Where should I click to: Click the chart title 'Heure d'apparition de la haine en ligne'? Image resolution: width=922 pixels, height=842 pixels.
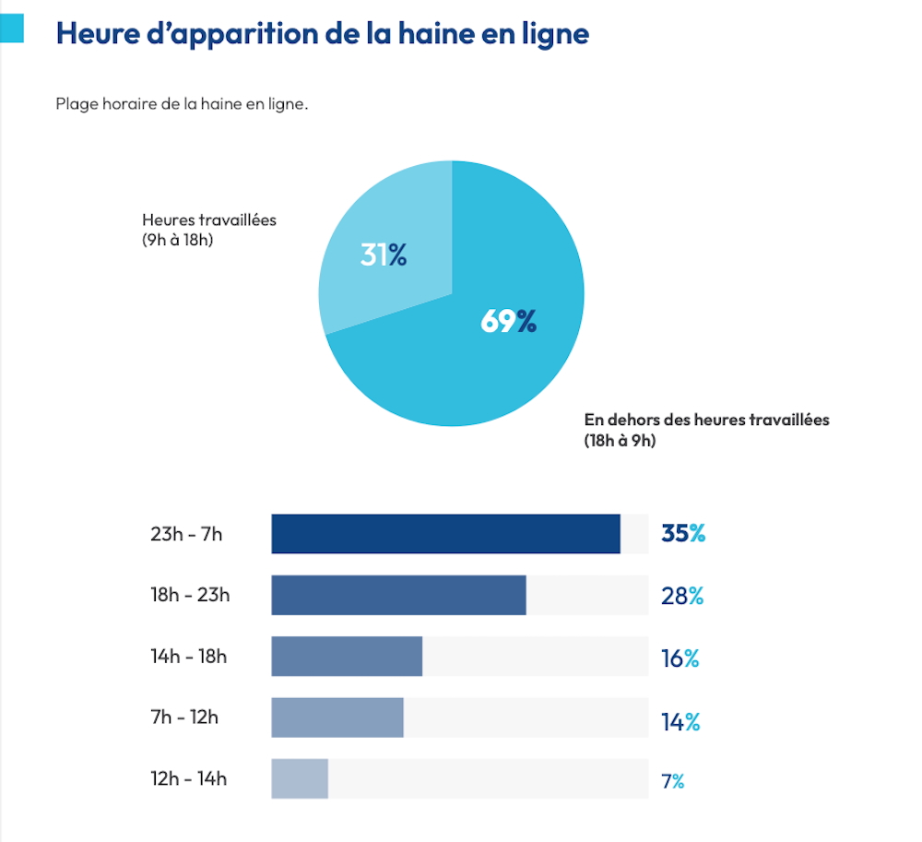322,33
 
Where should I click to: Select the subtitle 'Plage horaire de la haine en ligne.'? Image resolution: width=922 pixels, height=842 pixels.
182,104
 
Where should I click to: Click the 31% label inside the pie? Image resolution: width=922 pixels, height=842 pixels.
384,255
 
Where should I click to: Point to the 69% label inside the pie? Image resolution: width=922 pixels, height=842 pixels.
508,321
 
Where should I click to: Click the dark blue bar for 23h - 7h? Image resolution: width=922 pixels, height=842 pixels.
445,534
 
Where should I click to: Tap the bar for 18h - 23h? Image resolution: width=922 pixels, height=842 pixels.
398,595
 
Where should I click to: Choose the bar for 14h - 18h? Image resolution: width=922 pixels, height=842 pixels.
347,657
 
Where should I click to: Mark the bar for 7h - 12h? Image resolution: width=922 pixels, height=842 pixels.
337,717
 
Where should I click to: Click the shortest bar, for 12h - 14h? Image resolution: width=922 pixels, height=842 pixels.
300,778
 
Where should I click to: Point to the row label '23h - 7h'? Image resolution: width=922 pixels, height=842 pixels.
186,534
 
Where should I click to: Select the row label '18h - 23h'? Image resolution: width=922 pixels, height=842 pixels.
190,595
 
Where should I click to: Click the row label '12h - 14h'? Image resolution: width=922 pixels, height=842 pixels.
188,778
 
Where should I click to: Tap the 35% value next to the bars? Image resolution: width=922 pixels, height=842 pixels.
682,533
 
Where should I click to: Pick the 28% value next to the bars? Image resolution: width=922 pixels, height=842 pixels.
682,596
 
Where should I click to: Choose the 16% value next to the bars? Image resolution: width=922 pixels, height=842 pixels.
680,658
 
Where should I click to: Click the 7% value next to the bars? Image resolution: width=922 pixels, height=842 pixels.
672,782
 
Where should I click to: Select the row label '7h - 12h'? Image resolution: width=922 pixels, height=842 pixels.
184,717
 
